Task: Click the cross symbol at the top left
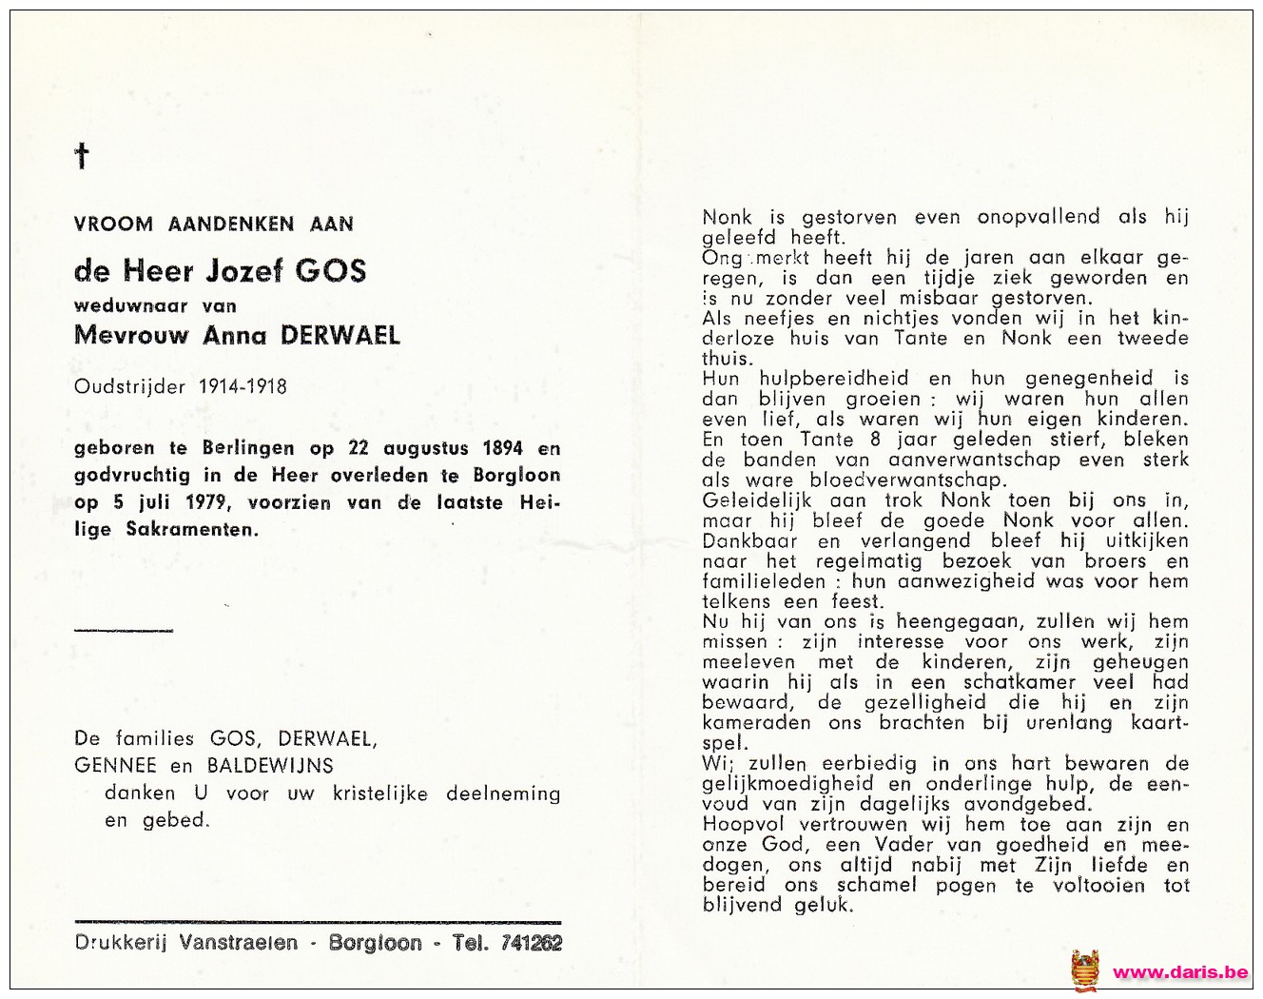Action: (83, 156)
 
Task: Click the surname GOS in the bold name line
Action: (330, 271)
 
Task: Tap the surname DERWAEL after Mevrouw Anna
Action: (340, 335)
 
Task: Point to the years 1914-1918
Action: (243, 386)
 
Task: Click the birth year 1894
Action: (502, 448)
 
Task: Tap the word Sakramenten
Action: (191, 530)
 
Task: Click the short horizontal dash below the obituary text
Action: (124, 630)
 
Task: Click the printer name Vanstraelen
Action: (238, 943)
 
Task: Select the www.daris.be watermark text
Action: (1179, 972)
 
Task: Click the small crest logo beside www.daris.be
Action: (1085, 970)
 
